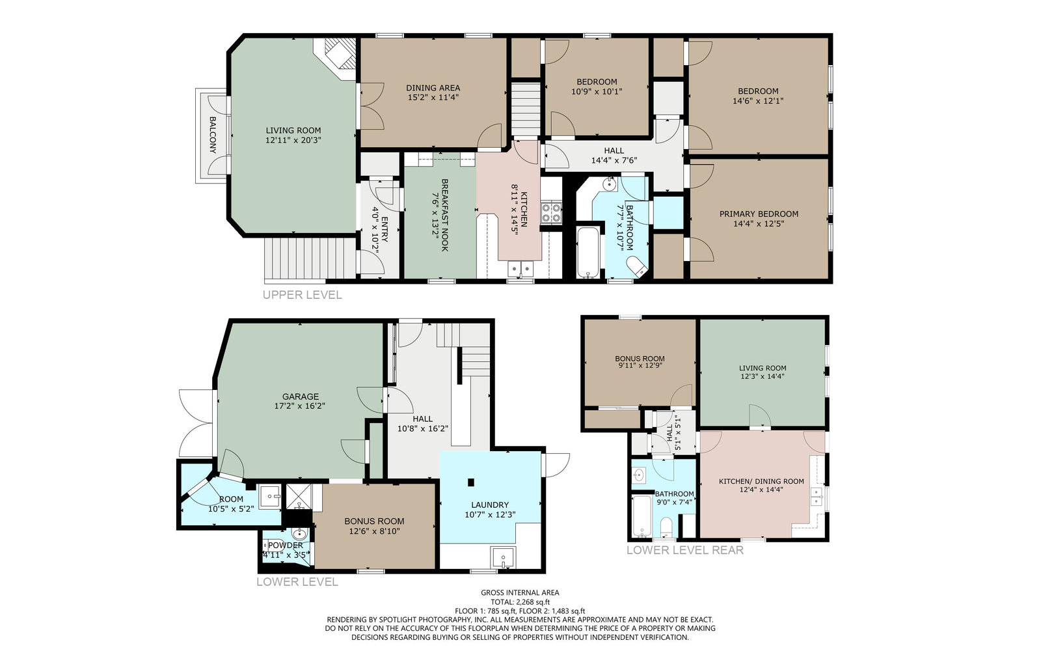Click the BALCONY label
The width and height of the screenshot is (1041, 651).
click(212, 135)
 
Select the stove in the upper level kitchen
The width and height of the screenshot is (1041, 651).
click(551, 213)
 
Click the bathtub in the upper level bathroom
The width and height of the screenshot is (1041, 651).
click(588, 253)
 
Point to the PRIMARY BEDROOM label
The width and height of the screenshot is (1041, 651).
click(759, 214)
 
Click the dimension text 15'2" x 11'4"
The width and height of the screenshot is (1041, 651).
click(433, 98)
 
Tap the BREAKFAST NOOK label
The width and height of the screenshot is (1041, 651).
click(444, 215)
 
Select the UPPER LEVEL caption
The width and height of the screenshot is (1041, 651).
click(302, 295)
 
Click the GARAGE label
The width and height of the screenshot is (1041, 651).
click(300, 396)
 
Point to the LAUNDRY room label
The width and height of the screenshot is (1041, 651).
click(489, 505)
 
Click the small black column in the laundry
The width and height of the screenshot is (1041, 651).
click(471, 482)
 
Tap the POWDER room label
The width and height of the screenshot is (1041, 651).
click(286, 545)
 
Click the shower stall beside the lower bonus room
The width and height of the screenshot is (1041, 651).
click(299, 497)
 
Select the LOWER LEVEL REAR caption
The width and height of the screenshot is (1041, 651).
click(685, 550)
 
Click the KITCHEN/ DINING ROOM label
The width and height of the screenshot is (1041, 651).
click(761, 481)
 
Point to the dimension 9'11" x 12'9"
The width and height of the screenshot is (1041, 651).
click(640, 365)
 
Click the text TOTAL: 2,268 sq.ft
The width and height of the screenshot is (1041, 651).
click(520, 602)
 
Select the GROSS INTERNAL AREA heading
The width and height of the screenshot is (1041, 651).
click(520, 592)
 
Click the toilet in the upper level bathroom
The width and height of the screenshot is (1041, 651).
click(636, 266)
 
